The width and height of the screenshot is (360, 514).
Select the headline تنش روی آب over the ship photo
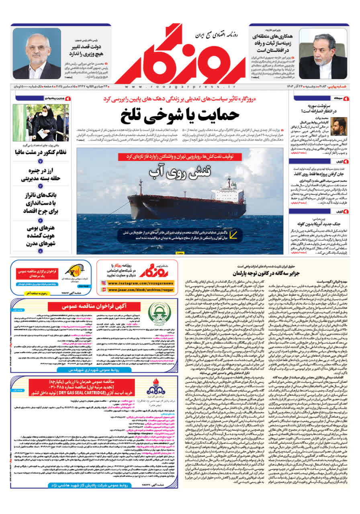point(180,171)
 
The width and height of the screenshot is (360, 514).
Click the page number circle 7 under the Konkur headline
point(40,161)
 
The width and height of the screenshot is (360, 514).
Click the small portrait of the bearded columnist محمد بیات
point(338,126)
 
